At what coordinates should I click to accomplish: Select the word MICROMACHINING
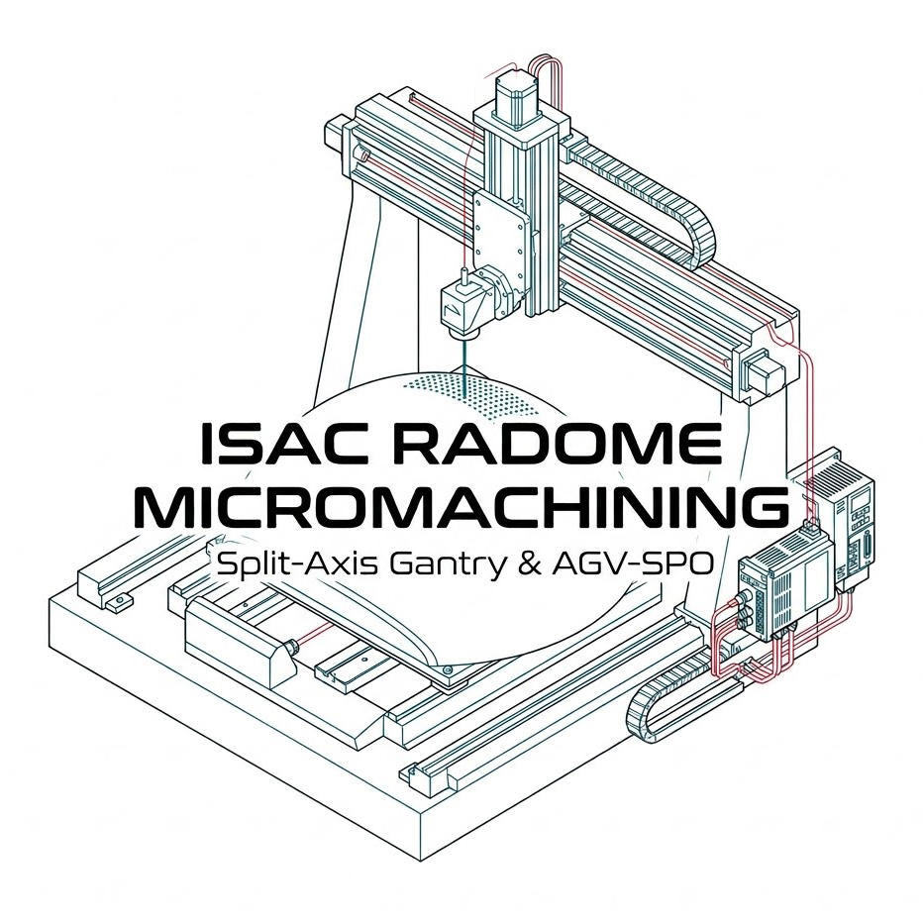[461, 507]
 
